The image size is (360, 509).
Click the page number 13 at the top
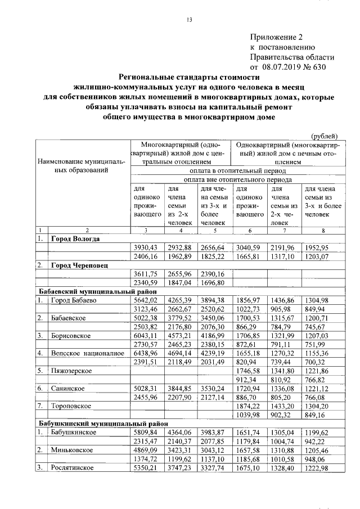[190, 21]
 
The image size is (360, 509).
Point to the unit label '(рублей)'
[324, 134]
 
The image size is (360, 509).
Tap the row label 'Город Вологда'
[75, 238]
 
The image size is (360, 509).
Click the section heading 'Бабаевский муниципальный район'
[93, 291]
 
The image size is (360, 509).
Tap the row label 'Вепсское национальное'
[87, 353]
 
